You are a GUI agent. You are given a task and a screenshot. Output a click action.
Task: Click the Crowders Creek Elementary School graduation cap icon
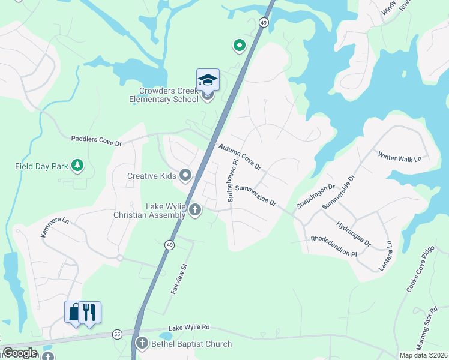(x=208, y=80)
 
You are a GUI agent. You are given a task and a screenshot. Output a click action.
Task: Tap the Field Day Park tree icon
(x=77, y=164)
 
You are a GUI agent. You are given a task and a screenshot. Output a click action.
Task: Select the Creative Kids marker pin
(x=185, y=176)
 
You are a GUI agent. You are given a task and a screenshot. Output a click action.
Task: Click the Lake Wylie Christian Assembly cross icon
(x=194, y=210)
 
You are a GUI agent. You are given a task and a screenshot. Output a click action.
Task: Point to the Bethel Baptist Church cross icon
(x=142, y=344)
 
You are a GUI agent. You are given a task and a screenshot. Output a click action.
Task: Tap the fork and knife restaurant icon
(x=90, y=312)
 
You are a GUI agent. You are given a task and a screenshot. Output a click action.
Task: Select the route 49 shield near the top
(x=264, y=22)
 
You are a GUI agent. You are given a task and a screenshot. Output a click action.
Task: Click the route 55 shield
(x=116, y=334)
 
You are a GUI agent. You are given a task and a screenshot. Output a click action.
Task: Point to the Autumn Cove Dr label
(x=240, y=155)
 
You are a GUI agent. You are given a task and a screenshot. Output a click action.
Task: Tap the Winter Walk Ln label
(x=400, y=157)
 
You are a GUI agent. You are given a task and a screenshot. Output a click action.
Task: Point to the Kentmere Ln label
(x=55, y=228)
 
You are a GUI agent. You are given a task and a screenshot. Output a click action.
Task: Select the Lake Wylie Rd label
(x=189, y=328)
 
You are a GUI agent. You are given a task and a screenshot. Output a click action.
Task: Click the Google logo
(x=20, y=353)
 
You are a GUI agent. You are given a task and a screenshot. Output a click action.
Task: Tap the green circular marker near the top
(x=239, y=45)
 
